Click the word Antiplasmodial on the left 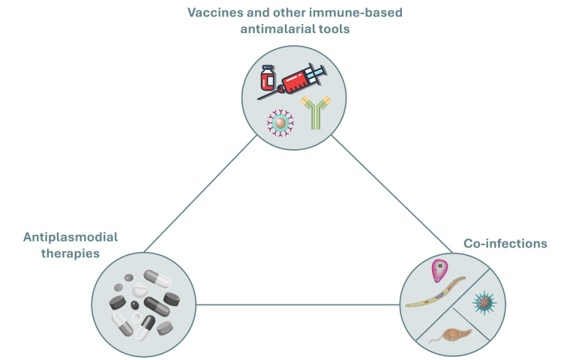pyautogui.click(x=70, y=237)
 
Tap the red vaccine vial pyautogui.click(x=268, y=76)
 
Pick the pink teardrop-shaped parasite pyautogui.click(x=437, y=271)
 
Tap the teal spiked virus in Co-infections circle pyautogui.click(x=484, y=302)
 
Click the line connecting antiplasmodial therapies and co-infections pyautogui.click(x=298, y=304)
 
